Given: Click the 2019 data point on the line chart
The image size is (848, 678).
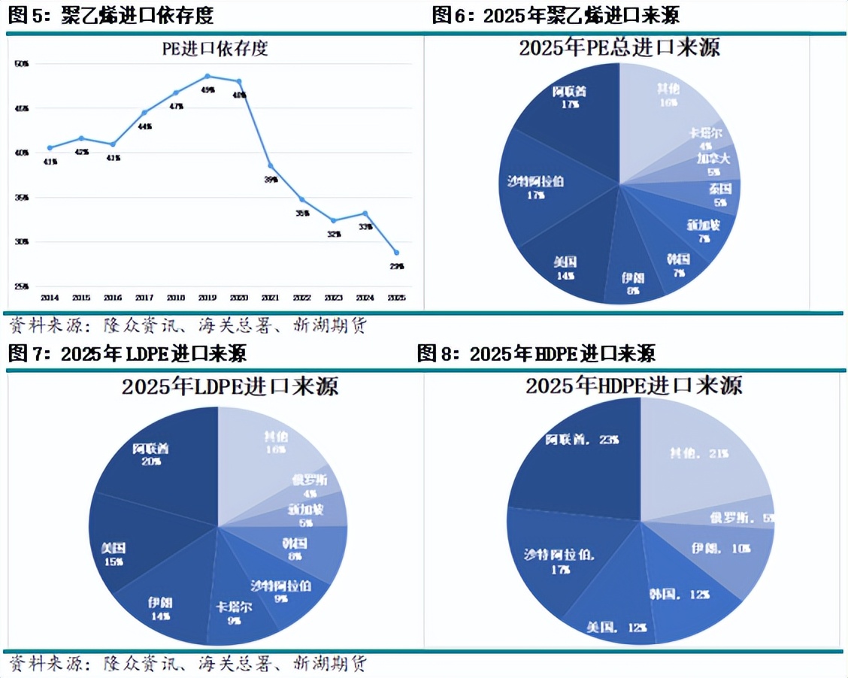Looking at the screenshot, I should pos(207,76).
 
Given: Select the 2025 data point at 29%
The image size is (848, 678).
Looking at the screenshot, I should pos(397,253).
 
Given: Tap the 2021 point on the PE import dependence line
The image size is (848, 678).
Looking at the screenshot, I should pos(271,166).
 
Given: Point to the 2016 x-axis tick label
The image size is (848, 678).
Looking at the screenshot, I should pos(113,298).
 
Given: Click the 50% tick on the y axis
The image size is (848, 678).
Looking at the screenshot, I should pos(22,65).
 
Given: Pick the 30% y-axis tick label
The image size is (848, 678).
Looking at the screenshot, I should pos(22,242).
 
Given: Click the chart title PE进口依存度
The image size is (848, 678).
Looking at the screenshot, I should pos(216,50).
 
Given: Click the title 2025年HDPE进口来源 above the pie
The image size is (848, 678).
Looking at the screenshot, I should pos(634,386).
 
